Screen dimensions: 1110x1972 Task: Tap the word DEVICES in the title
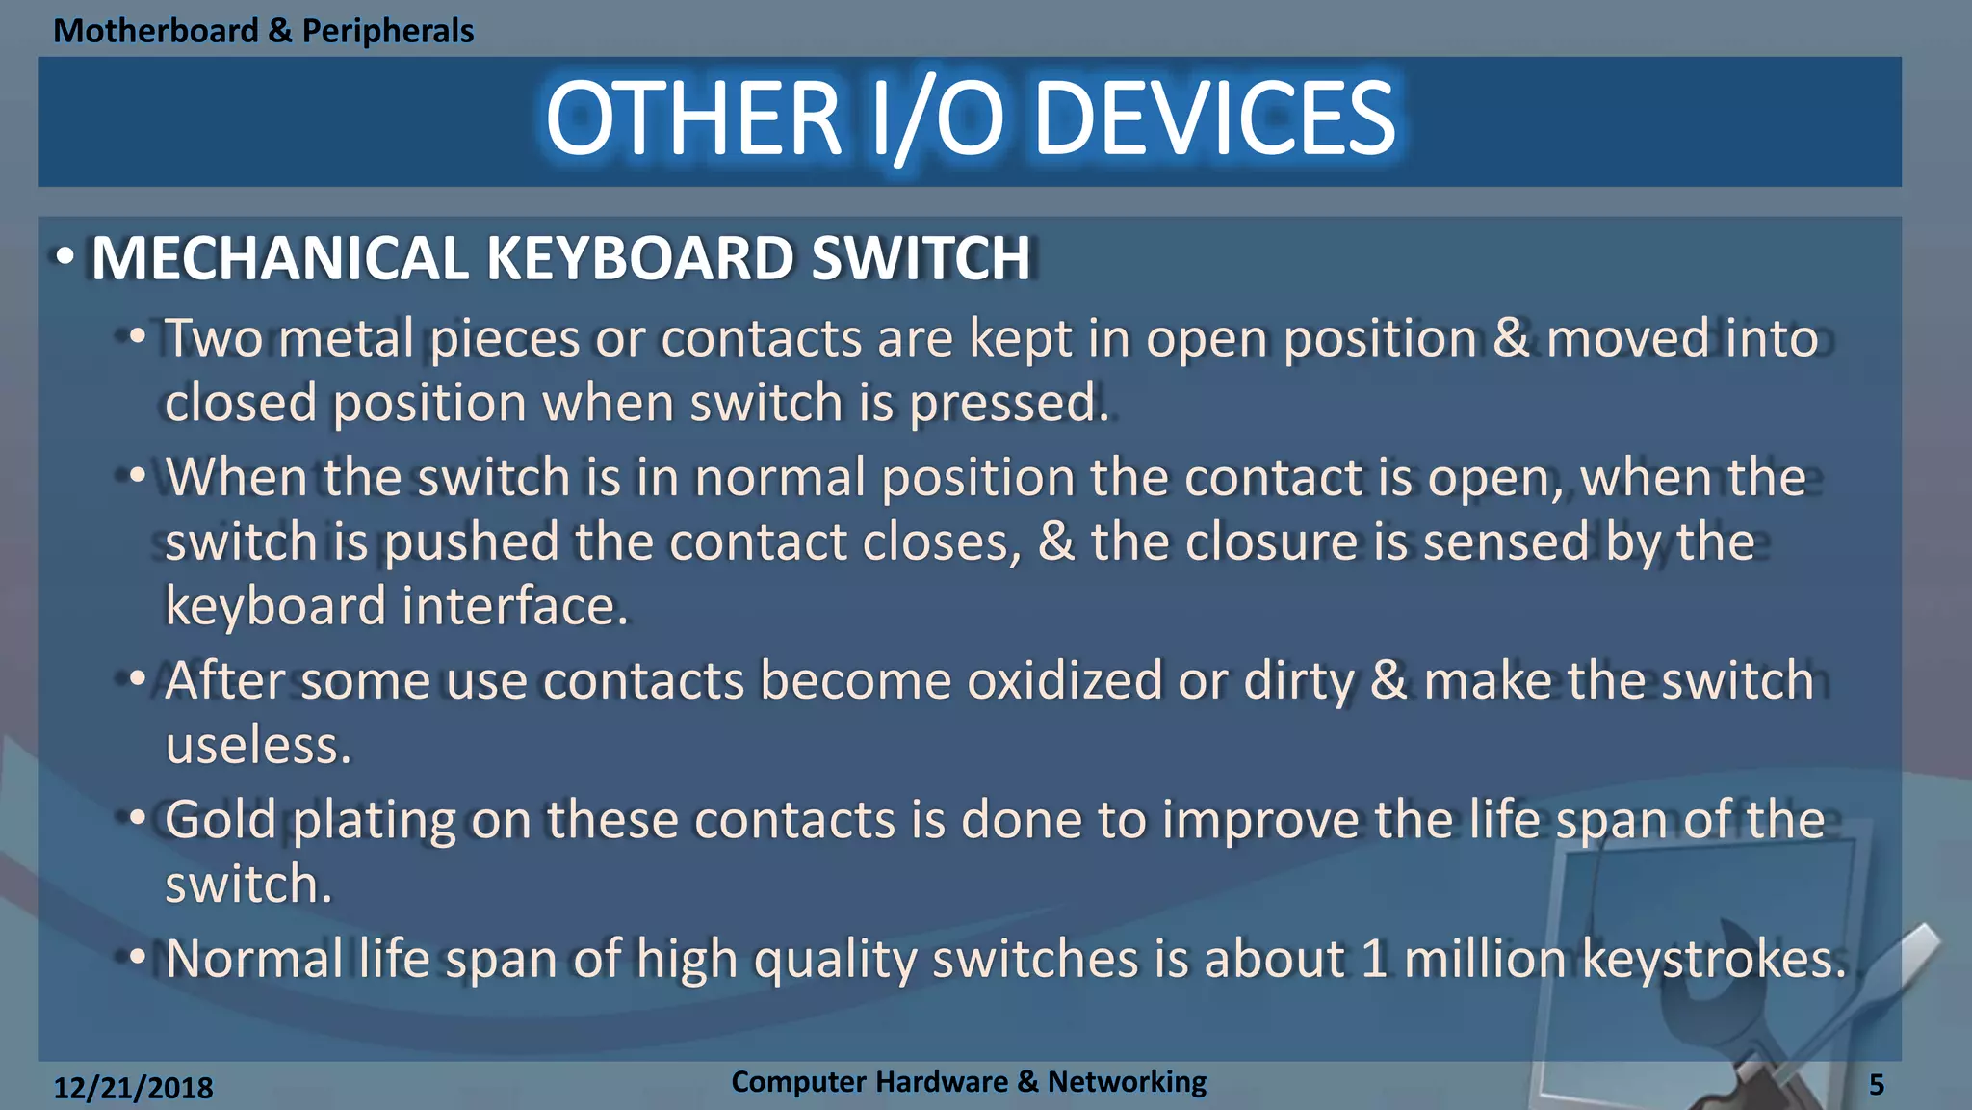click(1214, 119)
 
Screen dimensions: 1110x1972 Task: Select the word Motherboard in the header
click(156, 31)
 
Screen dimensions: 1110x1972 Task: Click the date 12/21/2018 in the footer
click(133, 1088)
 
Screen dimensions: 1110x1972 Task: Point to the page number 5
click(1876, 1086)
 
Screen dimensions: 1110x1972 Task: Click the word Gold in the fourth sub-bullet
click(221, 820)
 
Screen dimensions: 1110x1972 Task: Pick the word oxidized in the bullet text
click(1064, 680)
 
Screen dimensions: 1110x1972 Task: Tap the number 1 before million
click(1374, 959)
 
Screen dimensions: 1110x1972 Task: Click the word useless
click(257, 746)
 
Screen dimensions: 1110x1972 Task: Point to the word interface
click(514, 606)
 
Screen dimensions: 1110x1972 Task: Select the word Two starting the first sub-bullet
click(213, 339)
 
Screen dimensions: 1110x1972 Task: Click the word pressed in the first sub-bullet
click(1008, 403)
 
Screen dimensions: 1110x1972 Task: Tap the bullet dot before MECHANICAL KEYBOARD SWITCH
click(65, 258)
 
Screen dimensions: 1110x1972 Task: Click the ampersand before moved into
click(1512, 339)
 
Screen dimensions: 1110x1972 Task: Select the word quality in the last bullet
click(834, 961)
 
